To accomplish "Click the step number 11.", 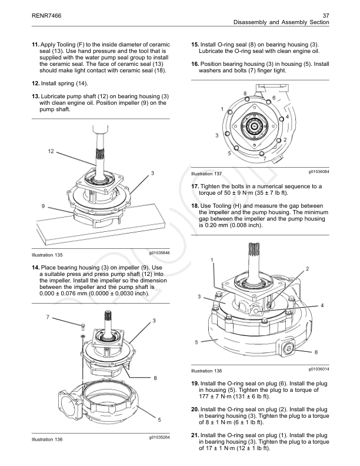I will point(35,45).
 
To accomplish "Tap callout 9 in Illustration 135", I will point(44,205).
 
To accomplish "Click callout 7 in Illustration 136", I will point(47,317).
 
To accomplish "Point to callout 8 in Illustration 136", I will point(155,377).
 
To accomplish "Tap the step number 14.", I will point(35,268).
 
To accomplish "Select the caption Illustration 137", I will point(206,174).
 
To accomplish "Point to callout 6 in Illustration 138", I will point(315,352).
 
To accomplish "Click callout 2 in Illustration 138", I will point(307,268).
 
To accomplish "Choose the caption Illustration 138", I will point(206,371).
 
